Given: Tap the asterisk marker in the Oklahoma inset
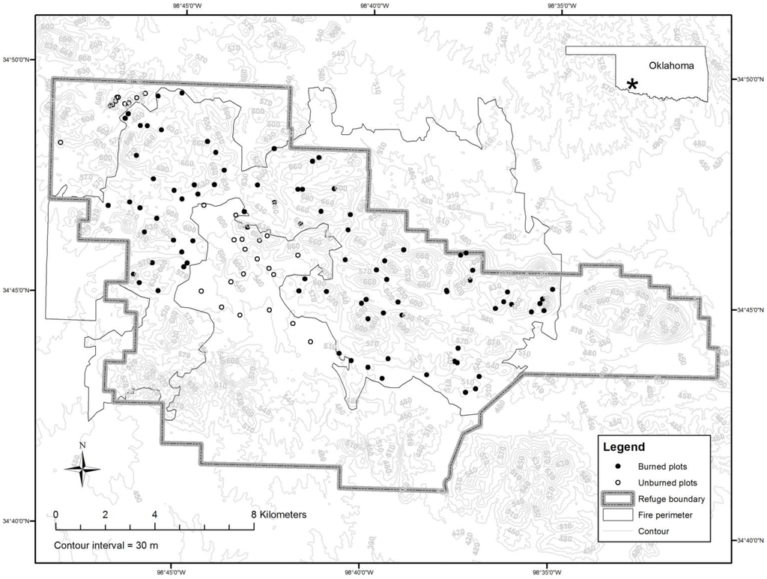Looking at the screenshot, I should click(x=633, y=85).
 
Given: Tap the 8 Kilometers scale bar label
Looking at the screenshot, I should click(x=279, y=515).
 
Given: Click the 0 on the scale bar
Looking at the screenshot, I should click(x=56, y=515).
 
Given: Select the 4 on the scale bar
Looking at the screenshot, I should click(x=154, y=515).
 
